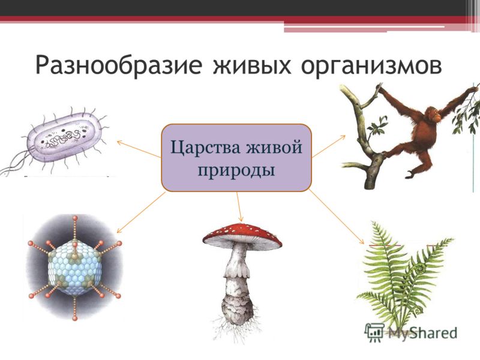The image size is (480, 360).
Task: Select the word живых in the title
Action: (252, 65)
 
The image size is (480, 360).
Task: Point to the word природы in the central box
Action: (236, 169)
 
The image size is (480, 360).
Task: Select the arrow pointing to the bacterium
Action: (139, 149)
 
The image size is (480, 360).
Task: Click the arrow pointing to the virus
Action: (141, 213)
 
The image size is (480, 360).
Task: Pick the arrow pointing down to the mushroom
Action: (239, 207)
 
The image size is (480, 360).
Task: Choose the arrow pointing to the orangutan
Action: (329, 146)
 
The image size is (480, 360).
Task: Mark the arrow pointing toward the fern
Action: (336, 217)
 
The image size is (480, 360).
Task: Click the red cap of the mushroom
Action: (242, 234)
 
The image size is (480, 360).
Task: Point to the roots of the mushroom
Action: (236, 328)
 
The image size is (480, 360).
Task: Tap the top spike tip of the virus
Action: (75, 218)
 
